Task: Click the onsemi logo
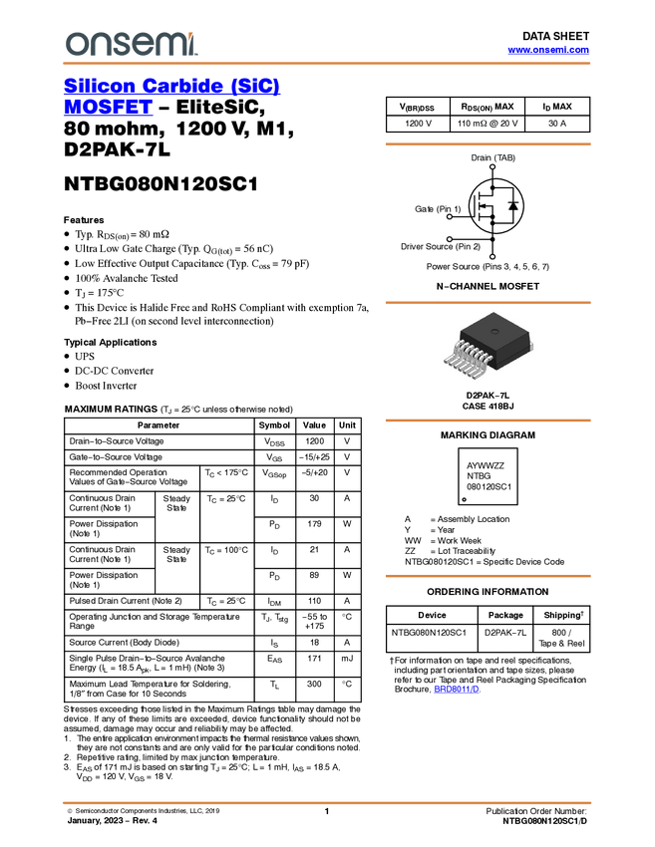click(x=131, y=44)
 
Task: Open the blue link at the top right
click(x=548, y=51)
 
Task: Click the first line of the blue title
click(x=172, y=86)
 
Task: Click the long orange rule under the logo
click(x=326, y=64)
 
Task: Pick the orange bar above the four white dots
click(x=488, y=144)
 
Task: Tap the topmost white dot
click(x=492, y=166)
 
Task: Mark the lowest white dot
click(x=492, y=257)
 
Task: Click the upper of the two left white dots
click(x=450, y=216)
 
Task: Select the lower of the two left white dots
click(x=450, y=238)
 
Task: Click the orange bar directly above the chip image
click(x=488, y=302)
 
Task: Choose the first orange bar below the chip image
click(x=488, y=421)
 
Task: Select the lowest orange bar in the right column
click(x=488, y=576)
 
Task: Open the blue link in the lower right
click(x=457, y=690)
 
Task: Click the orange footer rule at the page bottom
click(x=326, y=802)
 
